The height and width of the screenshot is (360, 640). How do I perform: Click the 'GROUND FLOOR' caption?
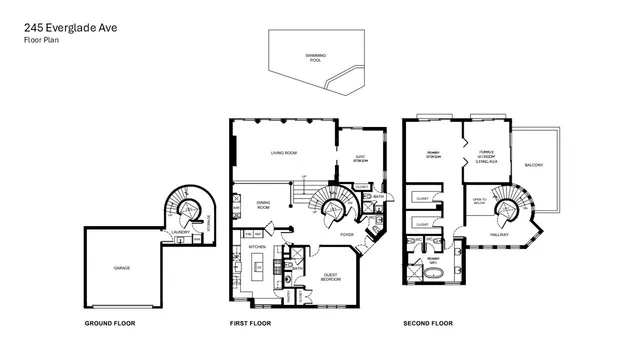pos(109,324)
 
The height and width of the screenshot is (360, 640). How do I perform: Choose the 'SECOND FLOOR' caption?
pos(428,324)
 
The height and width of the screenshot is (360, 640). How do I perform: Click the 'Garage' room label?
pos(122,268)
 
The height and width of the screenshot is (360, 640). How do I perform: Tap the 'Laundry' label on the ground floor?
pos(180,233)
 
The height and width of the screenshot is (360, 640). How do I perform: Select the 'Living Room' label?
pos(284,153)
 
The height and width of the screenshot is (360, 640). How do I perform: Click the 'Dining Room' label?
pos(264,205)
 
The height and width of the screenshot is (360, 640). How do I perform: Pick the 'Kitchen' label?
pos(256,246)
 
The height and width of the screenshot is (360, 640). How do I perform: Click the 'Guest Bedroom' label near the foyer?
pos(331,279)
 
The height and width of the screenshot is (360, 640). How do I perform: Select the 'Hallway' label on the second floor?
pos(499,235)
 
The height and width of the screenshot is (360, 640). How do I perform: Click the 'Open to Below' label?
pos(479,202)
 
